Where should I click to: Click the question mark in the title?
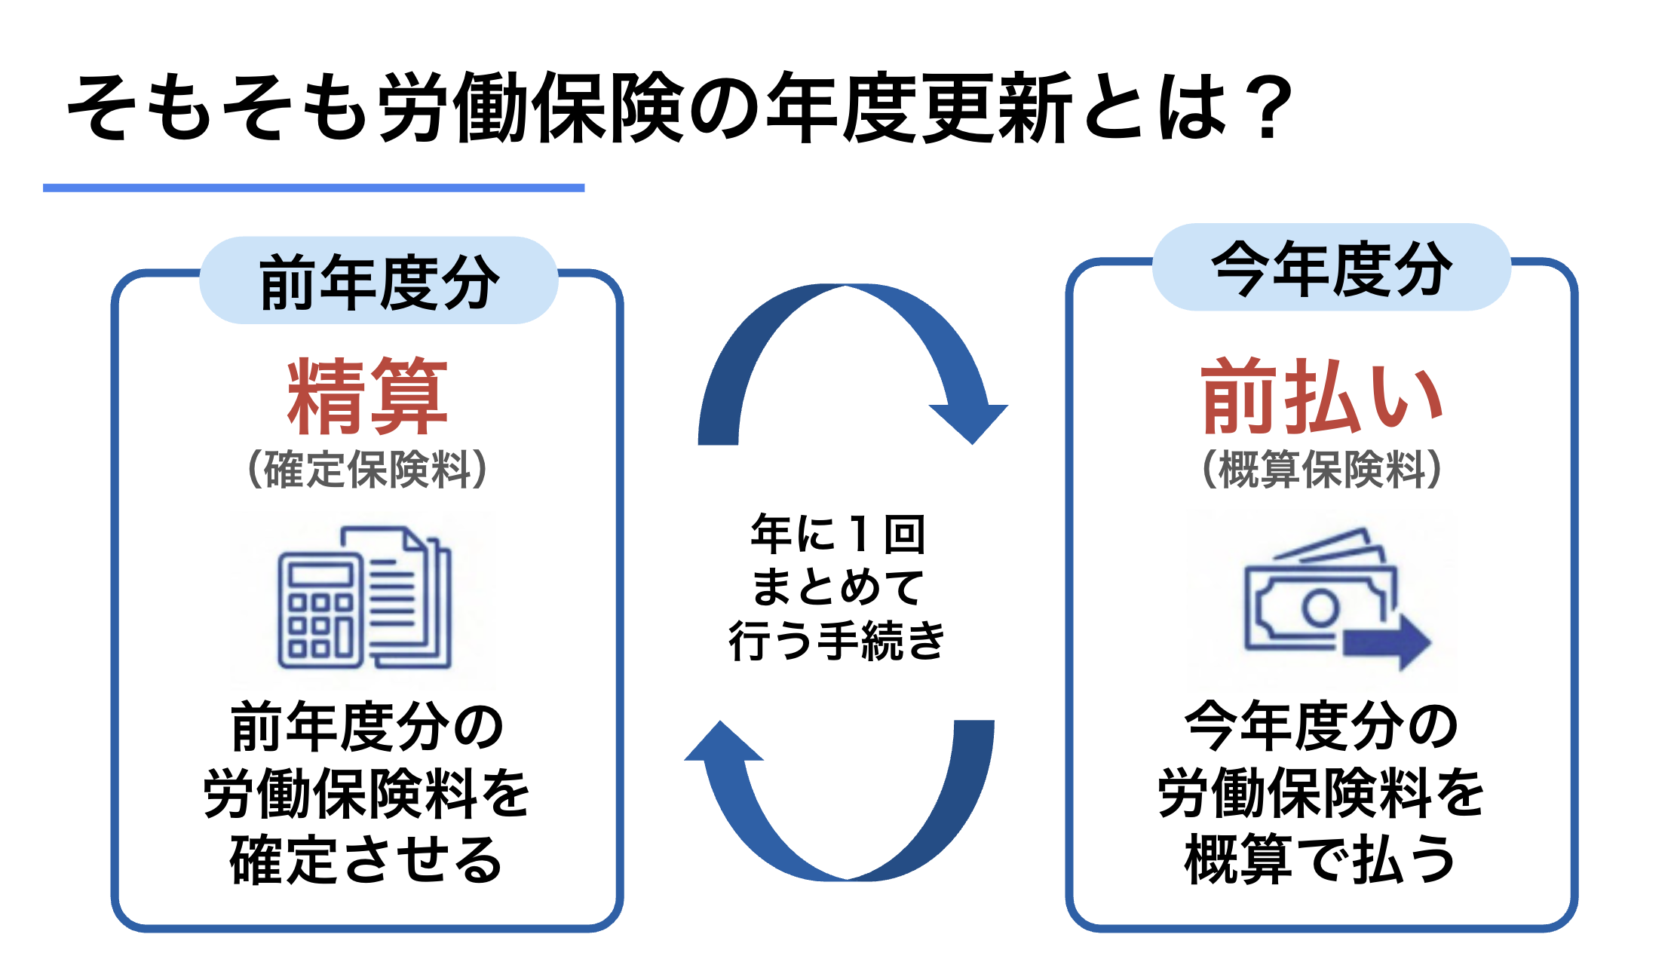click(x=1268, y=109)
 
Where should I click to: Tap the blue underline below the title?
click(x=314, y=188)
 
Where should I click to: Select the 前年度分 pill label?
click(x=379, y=281)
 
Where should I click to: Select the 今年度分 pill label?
click(x=1332, y=268)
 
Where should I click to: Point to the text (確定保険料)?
click(x=367, y=469)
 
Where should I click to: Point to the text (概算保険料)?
click(x=1322, y=469)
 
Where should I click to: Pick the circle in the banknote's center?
click(x=1320, y=607)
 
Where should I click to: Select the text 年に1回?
click(x=837, y=534)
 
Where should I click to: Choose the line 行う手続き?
click(x=837, y=641)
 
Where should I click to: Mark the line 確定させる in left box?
click(x=367, y=859)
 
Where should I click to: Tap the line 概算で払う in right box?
click(x=1320, y=859)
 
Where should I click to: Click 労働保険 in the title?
click(x=532, y=109)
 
